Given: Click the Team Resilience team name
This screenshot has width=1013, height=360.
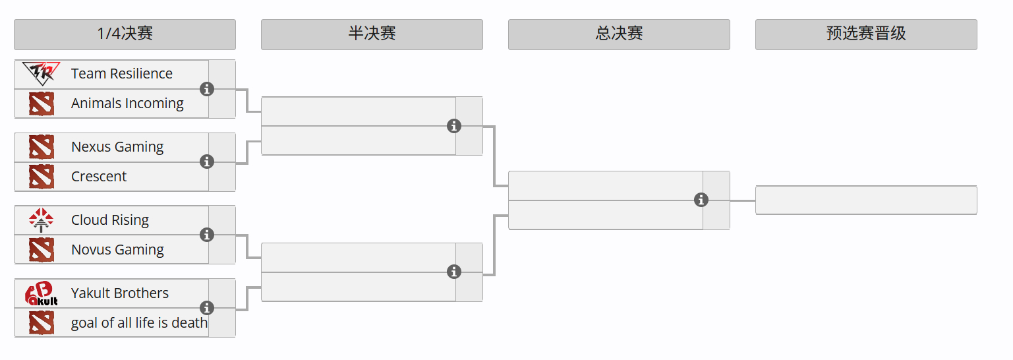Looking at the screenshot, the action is [x=122, y=74].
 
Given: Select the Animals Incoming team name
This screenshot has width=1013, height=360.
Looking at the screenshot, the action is [x=127, y=104].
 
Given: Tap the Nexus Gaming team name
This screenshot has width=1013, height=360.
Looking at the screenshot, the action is [x=117, y=147].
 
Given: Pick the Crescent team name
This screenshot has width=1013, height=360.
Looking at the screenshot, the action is [x=99, y=177].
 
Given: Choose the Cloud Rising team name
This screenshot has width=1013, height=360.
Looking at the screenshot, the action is [x=110, y=220].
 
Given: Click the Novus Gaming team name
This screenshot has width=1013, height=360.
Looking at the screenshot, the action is [x=117, y=250].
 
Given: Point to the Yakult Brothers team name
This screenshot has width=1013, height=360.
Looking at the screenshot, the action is [x=119, y=293].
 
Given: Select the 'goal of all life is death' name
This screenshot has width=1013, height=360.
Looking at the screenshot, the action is [x=139, y=323].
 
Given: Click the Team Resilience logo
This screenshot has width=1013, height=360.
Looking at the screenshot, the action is [x=41, y=73].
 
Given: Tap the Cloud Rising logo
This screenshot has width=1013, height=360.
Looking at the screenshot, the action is [x=41, y=220].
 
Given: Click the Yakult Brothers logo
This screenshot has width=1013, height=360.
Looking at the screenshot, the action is [x=41, y=293].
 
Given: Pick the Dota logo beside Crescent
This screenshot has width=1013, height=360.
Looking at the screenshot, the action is [x=41, y=177].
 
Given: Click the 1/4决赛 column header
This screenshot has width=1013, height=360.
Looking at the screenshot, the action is [x=125, y=34].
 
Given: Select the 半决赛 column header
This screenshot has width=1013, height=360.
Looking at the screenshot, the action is [x=372, y=34].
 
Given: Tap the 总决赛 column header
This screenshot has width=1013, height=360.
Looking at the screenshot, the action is [x=619, y=34].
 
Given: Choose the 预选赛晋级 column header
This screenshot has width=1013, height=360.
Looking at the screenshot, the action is [x=866, y=34].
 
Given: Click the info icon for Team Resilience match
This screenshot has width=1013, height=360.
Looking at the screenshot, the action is [x=207, y=89].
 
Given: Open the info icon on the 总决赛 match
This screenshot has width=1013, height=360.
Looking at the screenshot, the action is [x=701, y=200].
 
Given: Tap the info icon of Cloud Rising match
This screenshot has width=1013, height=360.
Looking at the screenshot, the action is [x=207, y=235].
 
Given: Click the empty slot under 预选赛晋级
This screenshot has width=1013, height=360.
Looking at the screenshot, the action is [x=866, y=200].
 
